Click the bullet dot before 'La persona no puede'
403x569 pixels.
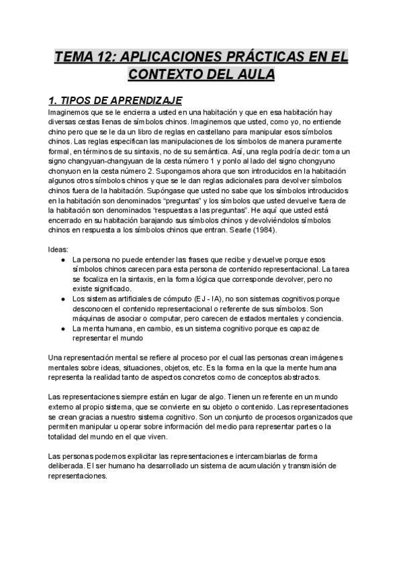tap(62, 259)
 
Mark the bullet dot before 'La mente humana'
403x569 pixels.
tap(62, 329)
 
